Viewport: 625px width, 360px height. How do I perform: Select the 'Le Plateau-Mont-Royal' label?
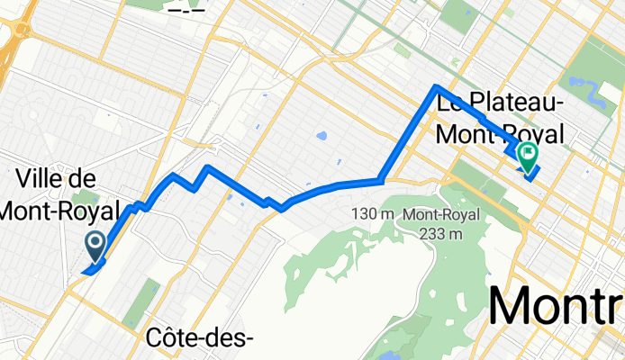[501, 119]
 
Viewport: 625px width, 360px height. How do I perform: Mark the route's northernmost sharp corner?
[437, 87]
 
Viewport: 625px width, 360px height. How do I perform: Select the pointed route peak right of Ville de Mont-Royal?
[208, 167]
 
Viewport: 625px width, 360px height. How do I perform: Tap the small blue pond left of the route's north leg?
[322, 137]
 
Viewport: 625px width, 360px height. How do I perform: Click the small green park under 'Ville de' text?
[86, 199]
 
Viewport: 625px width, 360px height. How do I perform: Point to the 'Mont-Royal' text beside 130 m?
[441, 215]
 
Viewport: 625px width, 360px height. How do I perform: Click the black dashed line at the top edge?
[186, 10]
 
